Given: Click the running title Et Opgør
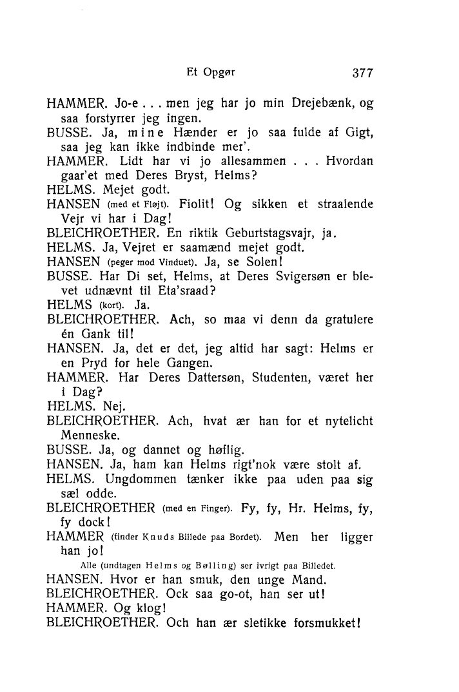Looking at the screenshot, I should point(209,72).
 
